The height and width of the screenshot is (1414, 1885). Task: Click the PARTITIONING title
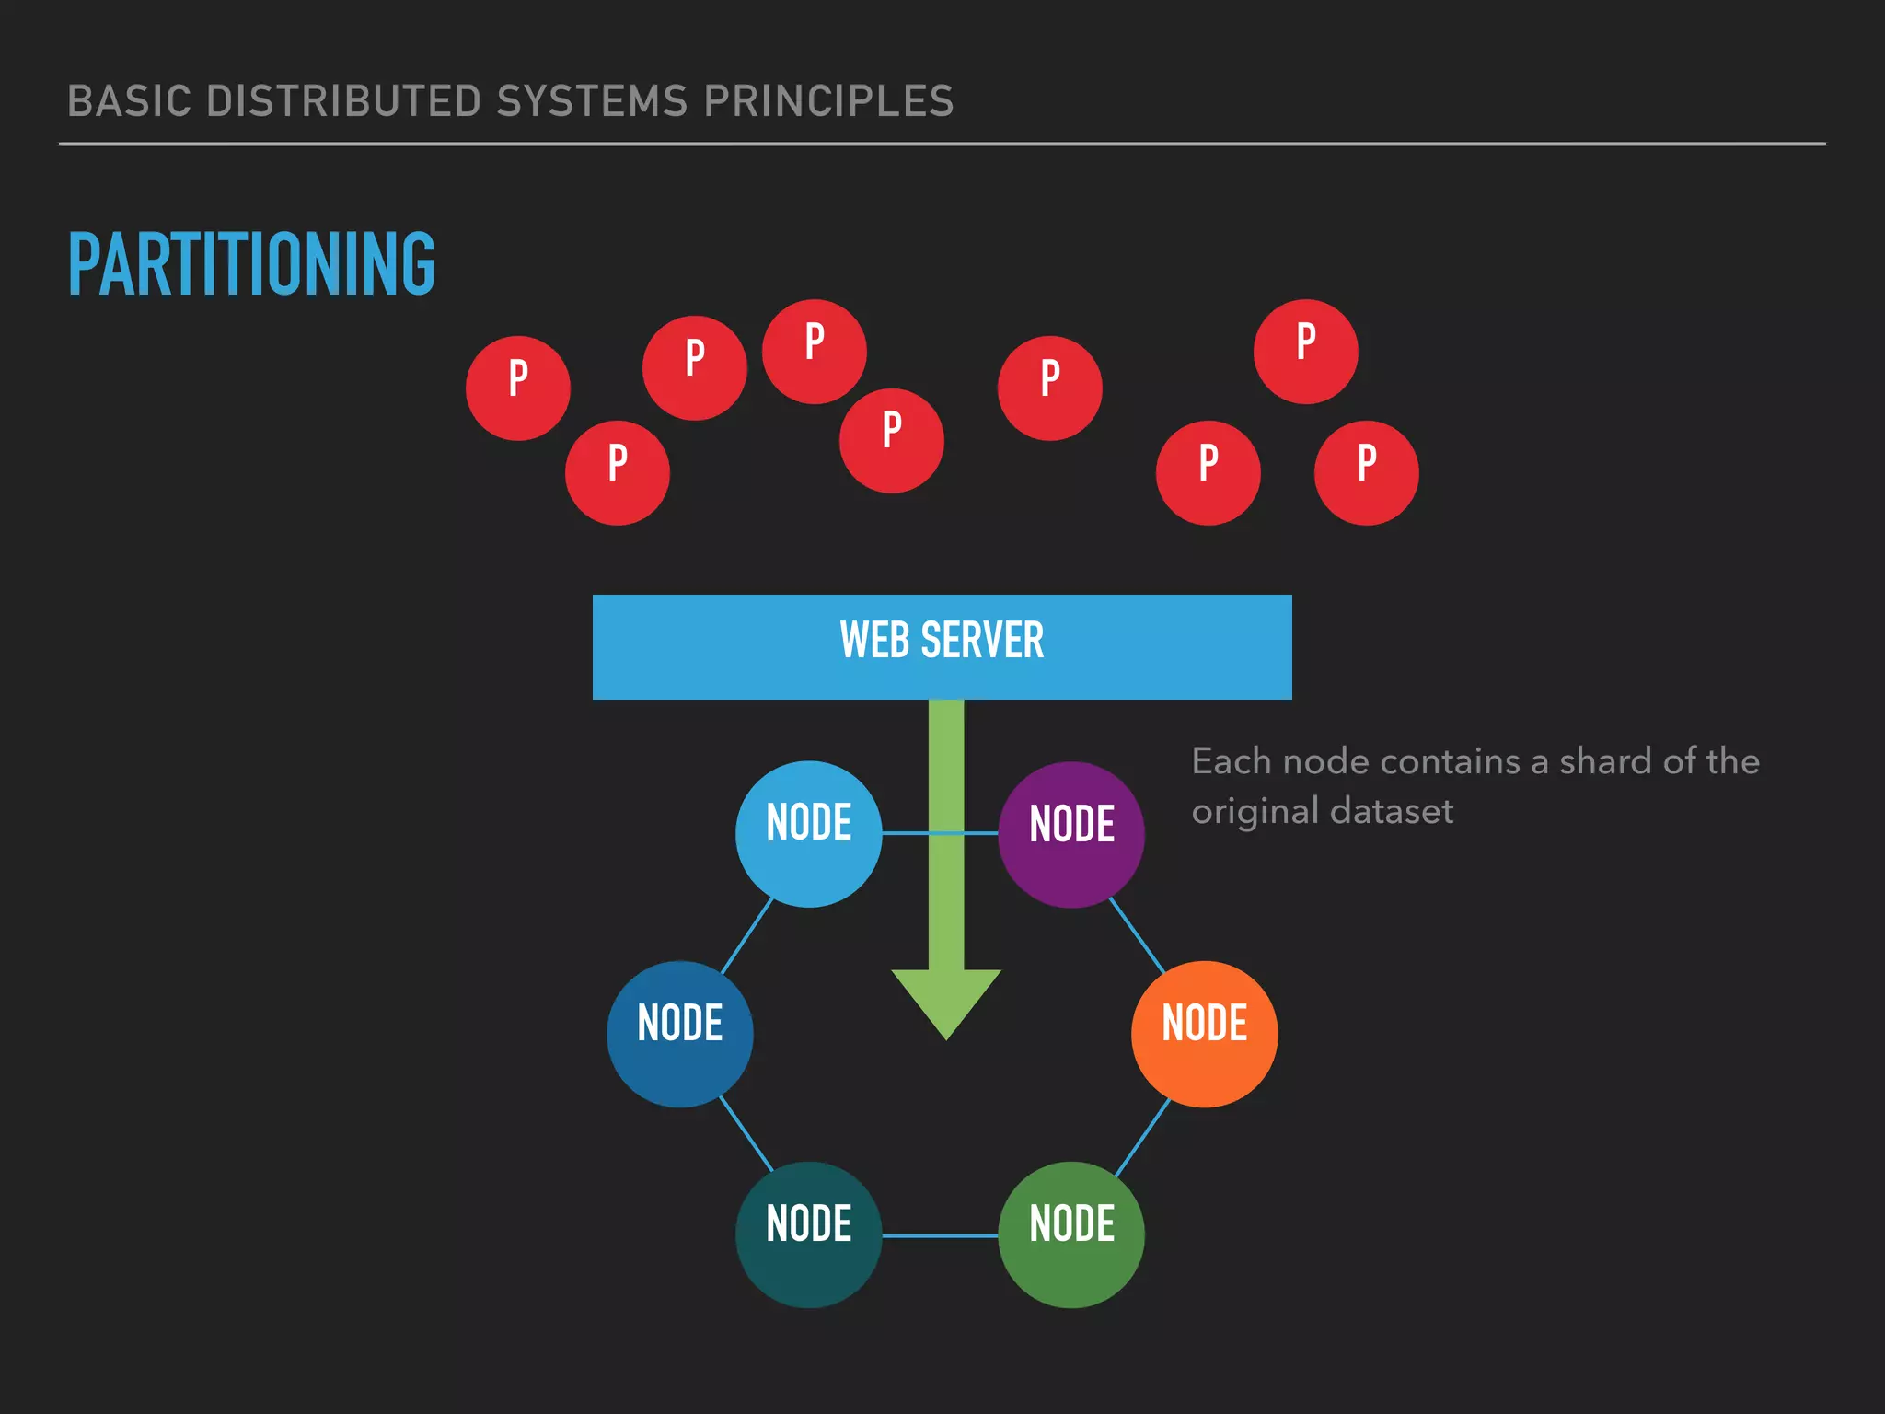point(251,264)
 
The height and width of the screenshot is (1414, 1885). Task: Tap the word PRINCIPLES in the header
point(828,101)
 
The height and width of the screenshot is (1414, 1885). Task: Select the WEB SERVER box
point(942,646)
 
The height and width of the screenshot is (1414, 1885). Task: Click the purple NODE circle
point(1071,834)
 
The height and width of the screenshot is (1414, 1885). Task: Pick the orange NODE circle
point(1204,1034)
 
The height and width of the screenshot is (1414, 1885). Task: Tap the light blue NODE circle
point(808,834)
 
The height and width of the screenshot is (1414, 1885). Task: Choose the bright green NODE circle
point(1071,1234)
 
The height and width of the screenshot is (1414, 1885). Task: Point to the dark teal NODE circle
point(808,1234)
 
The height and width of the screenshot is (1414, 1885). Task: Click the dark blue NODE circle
point(679,1034)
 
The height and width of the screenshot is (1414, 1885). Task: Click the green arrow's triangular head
point(946,999)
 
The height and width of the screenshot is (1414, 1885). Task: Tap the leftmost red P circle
point(518,388)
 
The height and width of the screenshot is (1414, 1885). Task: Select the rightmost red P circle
point(1367,472)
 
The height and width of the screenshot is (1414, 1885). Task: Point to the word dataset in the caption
point(1391,811)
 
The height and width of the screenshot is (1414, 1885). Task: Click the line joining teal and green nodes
point(940,1235)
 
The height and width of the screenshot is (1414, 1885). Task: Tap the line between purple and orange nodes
point(1137,934)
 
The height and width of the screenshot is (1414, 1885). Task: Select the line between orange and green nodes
point(1142,1138)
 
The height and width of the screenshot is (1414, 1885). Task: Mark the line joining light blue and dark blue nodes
point(746,935)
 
